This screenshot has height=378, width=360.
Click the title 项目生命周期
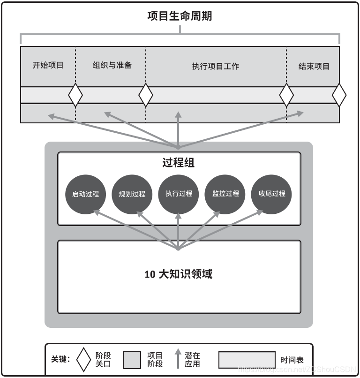(180, 16)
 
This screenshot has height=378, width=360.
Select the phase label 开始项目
(48, 66)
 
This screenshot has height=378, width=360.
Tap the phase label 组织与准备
(112, 66)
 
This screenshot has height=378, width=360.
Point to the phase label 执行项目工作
(216, 67)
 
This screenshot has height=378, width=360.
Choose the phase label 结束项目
(314, 66)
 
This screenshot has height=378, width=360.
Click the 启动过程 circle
(85, 194)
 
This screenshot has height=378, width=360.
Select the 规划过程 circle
(132, 194)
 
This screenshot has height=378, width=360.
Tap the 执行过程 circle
(179, 194)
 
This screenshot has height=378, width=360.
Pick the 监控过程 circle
(225, 194)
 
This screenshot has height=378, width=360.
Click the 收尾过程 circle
(272, 194)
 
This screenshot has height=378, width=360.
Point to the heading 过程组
(179, 163)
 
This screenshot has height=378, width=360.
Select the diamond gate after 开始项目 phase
(75, 95)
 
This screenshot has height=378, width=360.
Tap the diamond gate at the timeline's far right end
(339, 95)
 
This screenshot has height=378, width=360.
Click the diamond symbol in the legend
(84, 360)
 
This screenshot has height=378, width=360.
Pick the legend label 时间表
(292, 360)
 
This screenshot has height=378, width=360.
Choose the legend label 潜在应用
(192, 360)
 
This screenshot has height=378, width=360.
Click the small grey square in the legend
(132, 360)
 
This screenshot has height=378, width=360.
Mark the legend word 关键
(60, 360)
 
